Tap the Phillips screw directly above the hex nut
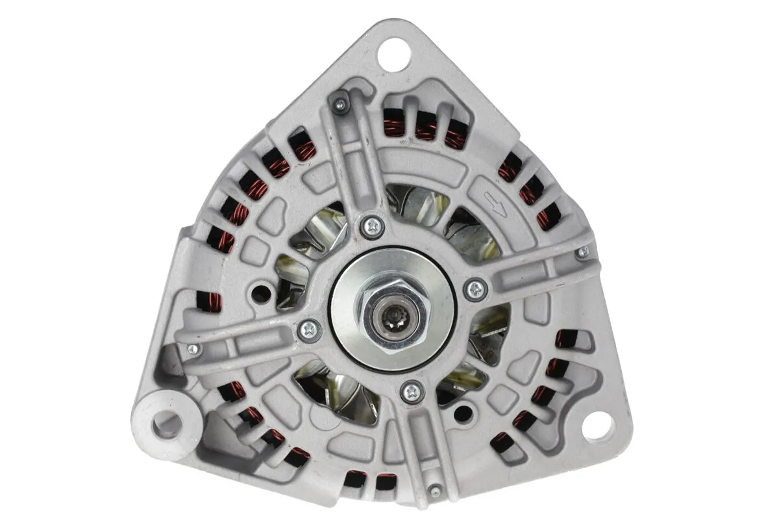pos(372,226)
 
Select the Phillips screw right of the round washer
pos(476,289)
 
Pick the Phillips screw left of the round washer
pos(309,330)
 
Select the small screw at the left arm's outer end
pos(192,350)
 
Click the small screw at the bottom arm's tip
pos(435,491)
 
